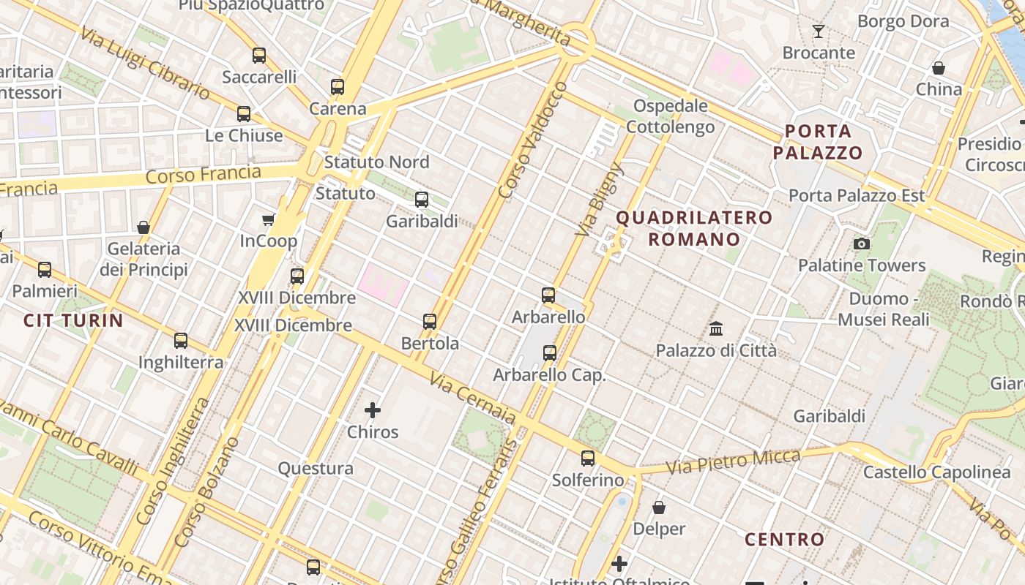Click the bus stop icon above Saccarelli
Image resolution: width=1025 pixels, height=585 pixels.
258,55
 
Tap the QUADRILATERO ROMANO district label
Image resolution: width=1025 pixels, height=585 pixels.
693,228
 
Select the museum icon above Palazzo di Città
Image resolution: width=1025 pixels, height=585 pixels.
715,328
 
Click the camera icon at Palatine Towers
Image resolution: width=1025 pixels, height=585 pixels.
862,244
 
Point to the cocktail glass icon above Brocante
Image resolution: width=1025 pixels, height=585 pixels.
819,31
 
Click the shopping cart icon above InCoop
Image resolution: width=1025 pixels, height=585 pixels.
269,219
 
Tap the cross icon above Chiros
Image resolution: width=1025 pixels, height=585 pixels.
373,410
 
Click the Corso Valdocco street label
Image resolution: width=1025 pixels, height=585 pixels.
532,139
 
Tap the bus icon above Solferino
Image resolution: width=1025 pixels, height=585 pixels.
588,458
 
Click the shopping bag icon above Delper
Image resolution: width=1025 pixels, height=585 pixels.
659,507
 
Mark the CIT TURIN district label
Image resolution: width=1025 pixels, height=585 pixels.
73,320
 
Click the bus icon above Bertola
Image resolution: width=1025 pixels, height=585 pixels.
430,321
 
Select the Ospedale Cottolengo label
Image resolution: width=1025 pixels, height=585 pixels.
670,116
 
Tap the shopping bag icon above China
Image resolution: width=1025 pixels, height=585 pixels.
939,68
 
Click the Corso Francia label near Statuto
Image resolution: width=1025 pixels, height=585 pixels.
203,175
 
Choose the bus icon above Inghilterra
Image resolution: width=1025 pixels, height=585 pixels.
181,340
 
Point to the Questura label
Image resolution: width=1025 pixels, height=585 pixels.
316,468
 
